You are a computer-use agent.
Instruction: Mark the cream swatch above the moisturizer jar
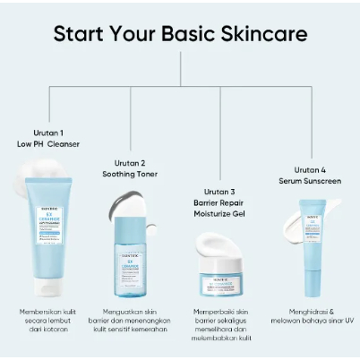pos(219,233)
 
